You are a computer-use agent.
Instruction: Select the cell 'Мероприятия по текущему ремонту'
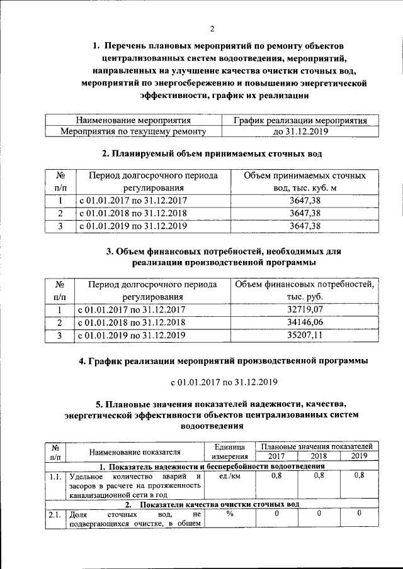[133, 132]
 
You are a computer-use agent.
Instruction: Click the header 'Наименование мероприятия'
[133, 120]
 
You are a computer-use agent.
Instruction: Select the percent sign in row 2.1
[230, 514]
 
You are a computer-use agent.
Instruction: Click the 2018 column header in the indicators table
[318, 456]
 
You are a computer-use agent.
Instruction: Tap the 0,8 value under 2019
[359, 476]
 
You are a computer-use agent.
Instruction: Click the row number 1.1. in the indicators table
[55, 477]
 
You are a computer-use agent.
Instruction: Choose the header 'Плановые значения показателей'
[319, 446]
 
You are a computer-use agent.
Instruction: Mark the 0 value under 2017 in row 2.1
[276, 514]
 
